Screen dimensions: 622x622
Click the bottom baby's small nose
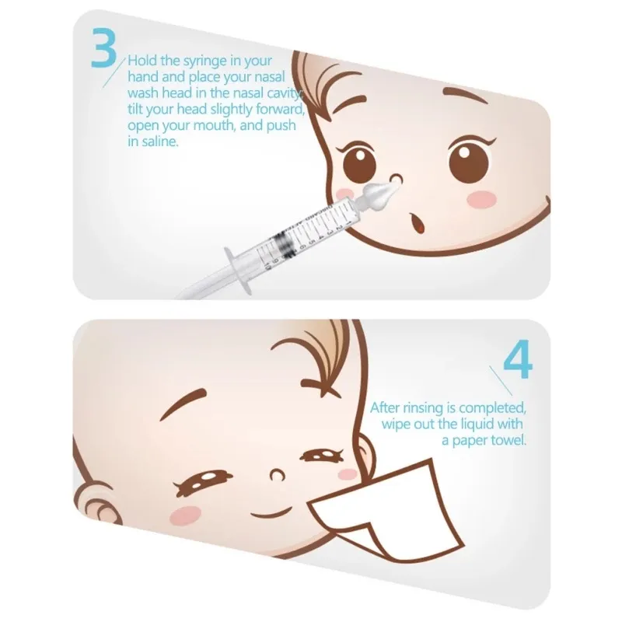click(x=274, y=472)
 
